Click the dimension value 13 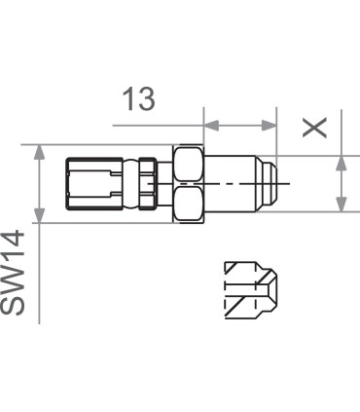click(x=138, y=100)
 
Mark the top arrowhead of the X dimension click(x=341, y=162)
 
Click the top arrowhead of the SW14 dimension click(x=39, y=153)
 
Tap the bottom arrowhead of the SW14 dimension click(x=39, y=215)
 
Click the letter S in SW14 click(x=17, y=305)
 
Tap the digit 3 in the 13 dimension click(x=146, y=100)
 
